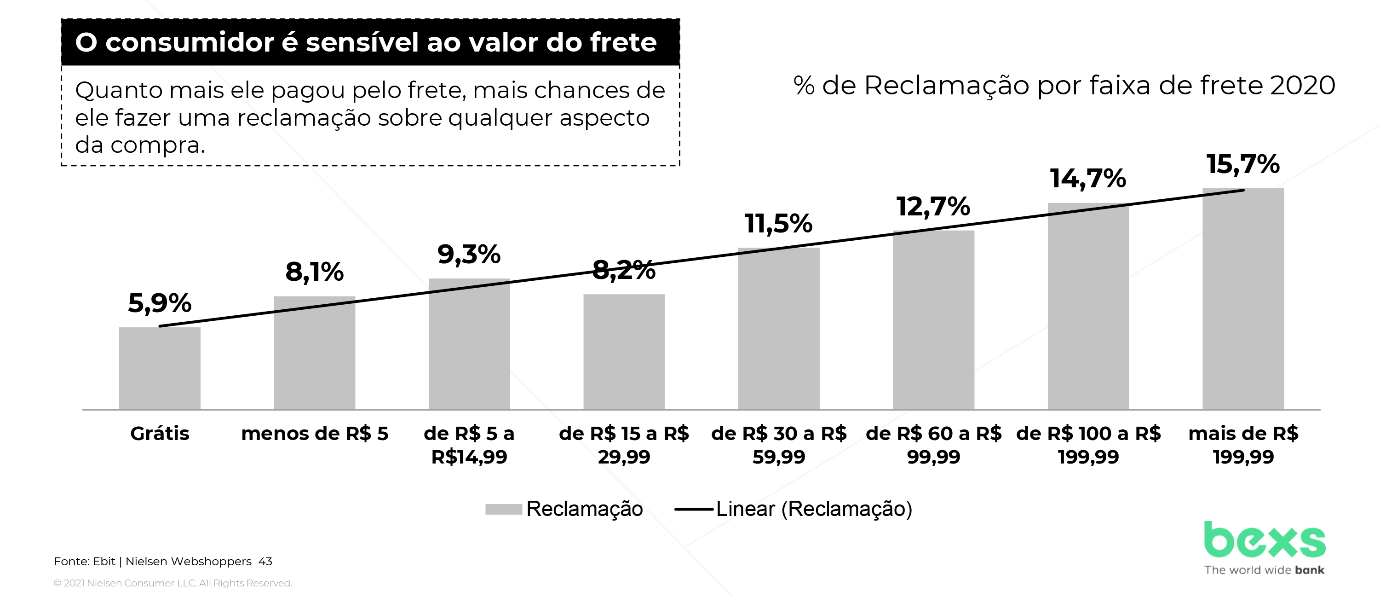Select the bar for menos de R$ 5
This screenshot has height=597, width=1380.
pos(315,353)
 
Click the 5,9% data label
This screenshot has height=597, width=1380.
pos(160,303)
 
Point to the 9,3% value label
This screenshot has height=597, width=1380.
pos(469,254)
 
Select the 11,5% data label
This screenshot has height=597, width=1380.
pos(778,224)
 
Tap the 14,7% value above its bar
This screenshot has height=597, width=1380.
pos(1087,179)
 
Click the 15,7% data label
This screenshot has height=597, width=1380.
pos(1243,164)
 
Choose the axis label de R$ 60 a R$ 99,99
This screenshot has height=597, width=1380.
pos(933,445)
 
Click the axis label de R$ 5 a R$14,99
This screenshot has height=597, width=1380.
pos(469,445)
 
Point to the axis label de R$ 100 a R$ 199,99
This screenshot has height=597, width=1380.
pos(1088,445)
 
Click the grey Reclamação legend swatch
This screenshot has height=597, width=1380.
pos(504,509)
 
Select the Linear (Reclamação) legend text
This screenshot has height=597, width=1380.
pos(814,509)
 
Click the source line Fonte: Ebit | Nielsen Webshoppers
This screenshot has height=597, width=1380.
pos(153,561)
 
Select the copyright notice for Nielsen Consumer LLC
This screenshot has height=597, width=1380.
pos(173,583)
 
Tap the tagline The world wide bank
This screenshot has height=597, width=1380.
pos(1264,570)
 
